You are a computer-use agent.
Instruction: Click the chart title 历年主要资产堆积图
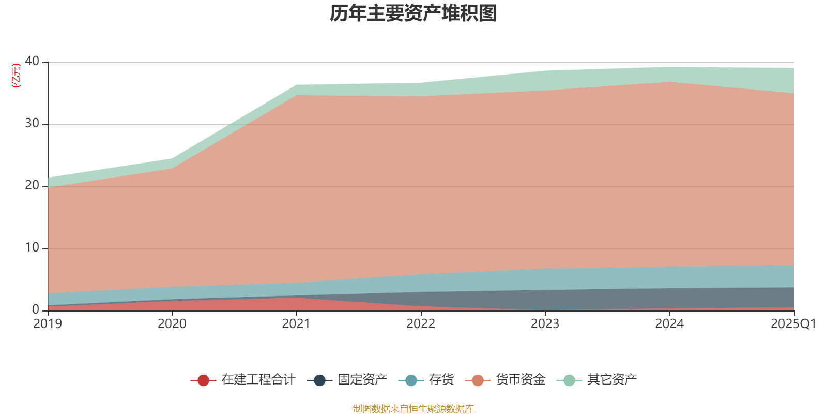point(413,13)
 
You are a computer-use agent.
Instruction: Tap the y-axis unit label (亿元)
point(17,76)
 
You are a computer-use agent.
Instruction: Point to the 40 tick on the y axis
point(32,61)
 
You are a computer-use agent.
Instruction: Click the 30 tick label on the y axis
point(32,123)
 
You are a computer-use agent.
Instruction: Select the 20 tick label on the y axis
point(32,185)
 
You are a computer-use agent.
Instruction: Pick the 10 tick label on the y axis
point(32,247)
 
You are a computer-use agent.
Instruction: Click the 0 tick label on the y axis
point(36,309)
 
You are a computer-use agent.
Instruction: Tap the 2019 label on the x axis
point(48,324)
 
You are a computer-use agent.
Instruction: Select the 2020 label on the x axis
point(172,324)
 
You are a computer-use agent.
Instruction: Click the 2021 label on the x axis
point(296,324)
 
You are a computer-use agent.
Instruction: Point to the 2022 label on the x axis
point(421,324)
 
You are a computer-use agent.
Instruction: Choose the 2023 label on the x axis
point(545,324)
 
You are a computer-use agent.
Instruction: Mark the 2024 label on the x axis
point(669,324)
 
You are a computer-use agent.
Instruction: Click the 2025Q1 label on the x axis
point(793,324)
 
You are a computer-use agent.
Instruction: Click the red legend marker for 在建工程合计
point(203,380)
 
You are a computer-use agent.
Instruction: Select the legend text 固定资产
point(362,380)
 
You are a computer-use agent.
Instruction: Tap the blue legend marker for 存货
point(411,380)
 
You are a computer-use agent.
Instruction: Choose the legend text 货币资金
point(520,380)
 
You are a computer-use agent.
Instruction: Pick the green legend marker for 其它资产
point(569,380)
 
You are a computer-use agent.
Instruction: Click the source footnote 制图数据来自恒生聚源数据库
point(413,409)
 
